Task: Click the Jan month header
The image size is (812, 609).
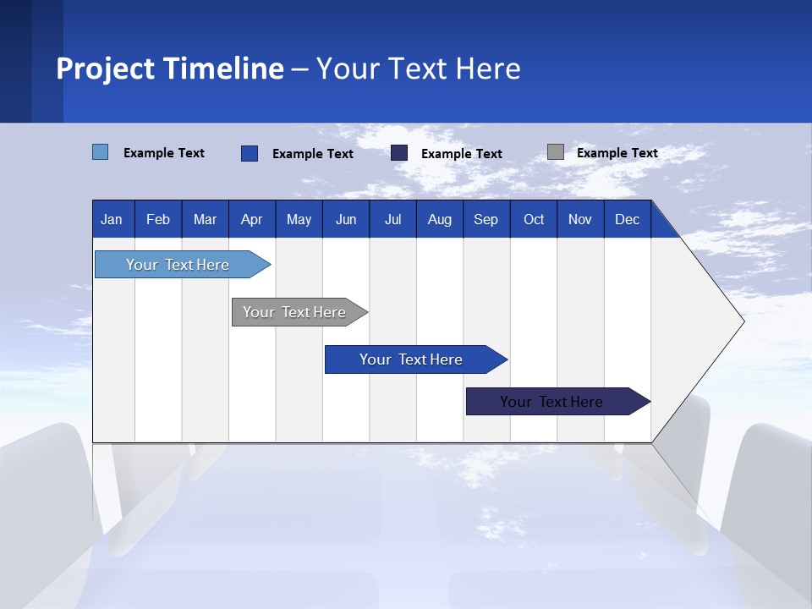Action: point(112,219)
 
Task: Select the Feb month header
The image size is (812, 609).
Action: point(158,219)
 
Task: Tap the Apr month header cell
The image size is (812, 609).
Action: point(252,219)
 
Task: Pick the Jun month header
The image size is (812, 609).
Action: point(346,219)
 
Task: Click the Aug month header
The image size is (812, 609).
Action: point(440,219)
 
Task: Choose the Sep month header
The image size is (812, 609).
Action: point(486,219)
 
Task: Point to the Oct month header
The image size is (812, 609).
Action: point(534,219)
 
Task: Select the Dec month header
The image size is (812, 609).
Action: point(628,219)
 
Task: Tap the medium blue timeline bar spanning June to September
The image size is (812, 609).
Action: point(412,359)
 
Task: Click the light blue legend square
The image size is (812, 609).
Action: point(101,152)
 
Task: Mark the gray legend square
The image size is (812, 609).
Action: point(556,152)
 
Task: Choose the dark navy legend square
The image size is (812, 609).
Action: point(399,152)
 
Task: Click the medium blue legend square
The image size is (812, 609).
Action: point(250,153)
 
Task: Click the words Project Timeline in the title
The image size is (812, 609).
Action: point(170,69)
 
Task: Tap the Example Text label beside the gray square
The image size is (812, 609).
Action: point(617,153)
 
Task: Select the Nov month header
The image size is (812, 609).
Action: point(580,219)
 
